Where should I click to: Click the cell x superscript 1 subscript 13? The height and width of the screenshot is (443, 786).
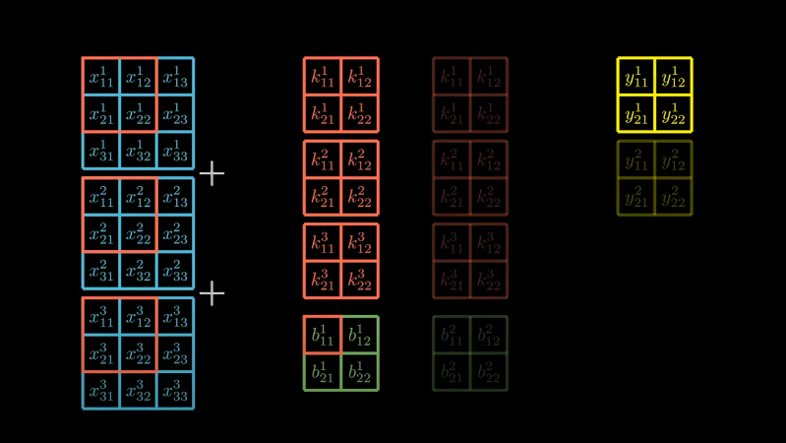(175, 76)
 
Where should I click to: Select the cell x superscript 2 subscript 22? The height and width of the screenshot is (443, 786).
(138, 233)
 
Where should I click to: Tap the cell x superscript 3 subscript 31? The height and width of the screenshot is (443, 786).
(100, 390)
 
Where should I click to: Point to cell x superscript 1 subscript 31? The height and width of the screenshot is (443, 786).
(100, 151)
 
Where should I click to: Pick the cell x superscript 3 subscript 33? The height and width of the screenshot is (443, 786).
(175, 390)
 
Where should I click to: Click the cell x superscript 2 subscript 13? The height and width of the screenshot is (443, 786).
(175, 196)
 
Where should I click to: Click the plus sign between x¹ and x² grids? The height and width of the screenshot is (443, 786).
(212, 174)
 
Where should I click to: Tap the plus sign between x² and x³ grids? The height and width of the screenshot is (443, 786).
(212, 293)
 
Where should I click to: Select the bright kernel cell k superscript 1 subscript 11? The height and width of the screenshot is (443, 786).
(323, 76)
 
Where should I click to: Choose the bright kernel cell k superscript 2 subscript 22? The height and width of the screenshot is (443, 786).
(360, 197)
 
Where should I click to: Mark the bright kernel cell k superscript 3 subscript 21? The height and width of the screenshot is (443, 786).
(323, 280)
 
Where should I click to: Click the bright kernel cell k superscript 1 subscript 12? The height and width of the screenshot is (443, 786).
(360, 76)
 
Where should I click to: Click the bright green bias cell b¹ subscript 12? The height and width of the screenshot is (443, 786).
(360, 335)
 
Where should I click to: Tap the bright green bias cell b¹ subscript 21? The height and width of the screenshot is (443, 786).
(323, 372)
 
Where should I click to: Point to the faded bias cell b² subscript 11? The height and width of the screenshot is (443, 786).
(452, 335)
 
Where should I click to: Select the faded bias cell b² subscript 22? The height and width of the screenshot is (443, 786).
(489, 372)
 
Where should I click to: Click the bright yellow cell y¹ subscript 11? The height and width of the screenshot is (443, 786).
(636, 76)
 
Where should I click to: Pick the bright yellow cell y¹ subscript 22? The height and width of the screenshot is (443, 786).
(674, 113)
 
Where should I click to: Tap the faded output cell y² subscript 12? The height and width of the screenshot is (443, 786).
(674, 159)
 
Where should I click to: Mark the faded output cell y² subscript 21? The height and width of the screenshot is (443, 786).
(636, 197)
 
